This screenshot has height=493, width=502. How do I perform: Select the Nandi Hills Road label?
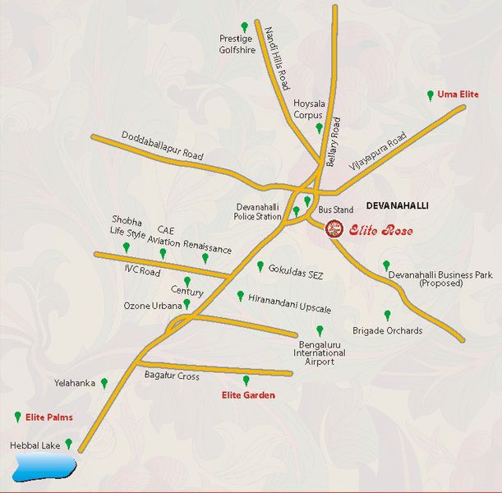pos(277,57)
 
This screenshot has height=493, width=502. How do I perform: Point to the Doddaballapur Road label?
pos(162,145)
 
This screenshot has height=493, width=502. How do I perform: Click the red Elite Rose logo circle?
pos(334,229)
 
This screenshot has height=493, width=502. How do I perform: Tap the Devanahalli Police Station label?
pos(258,211)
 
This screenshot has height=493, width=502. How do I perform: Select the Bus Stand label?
pos(336,211)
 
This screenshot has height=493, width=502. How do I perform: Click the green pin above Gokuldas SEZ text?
pos(260,266)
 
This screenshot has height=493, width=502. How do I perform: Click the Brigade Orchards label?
pos(387,331)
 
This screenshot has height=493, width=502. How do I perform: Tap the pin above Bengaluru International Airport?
pos(320,330)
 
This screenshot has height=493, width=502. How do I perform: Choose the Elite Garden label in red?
pos(248,395)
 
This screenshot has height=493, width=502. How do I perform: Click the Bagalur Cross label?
pos(172,376)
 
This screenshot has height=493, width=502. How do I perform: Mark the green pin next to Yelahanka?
pos(104,382)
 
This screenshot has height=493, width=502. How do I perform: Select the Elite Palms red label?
pos(49,417)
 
